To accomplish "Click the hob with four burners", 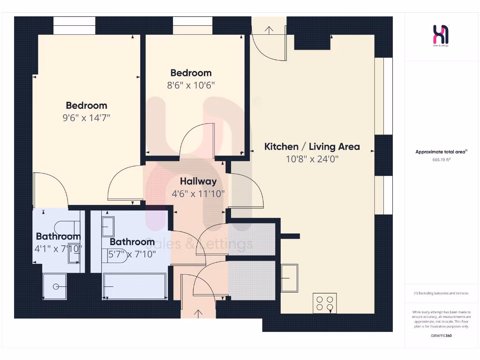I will pos(325,303).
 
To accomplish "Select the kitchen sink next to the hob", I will pos(289,277).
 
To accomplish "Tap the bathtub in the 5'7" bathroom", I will pos(135,285).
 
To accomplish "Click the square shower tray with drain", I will pos(55,286).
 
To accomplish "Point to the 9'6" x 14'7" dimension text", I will pos(86,118).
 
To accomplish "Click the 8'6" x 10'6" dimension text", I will pos(191,85).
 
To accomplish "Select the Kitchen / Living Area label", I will pos(312,146).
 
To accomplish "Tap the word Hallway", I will pos(198,181).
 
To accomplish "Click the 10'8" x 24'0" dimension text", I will pos(312,159).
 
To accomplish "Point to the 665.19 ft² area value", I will pos(441,159).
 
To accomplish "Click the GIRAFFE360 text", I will pos(441,336).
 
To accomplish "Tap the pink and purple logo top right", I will pos(441,34).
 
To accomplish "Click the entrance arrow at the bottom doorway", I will pos(198,313).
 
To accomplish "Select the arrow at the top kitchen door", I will pos(269,30).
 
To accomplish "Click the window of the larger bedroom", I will pos(74,26).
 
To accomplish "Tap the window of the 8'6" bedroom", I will pos(192,26).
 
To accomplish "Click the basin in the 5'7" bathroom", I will pos(107,227).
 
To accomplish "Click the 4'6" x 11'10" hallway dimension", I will pos(198,193).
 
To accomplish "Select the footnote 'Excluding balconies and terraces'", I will pos(441,293).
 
